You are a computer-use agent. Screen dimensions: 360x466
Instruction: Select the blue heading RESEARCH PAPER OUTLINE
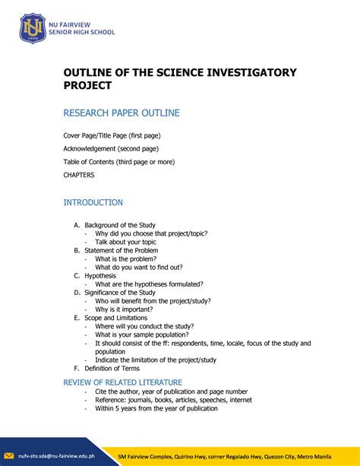click(x=122, y=113)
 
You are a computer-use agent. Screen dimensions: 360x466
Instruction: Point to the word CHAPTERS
click(x=79, y=174)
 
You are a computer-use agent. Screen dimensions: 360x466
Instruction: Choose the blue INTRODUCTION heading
click(x=93, y=203)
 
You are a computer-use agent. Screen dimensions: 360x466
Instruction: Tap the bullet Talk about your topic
click(x=125, y=242)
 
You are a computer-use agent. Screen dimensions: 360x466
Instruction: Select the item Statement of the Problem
click(x=121, y=250)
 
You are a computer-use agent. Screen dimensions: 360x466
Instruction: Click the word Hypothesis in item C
click(x=100, y=275)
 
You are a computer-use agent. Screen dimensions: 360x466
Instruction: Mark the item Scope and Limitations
click(x=120, y=318)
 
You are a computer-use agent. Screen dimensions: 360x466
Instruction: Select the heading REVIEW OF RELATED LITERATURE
click(x=133, y=382)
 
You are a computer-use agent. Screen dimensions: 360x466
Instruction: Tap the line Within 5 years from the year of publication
click(x=156, y=408)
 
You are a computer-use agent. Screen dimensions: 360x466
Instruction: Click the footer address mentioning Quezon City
click(x=236, y=456)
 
